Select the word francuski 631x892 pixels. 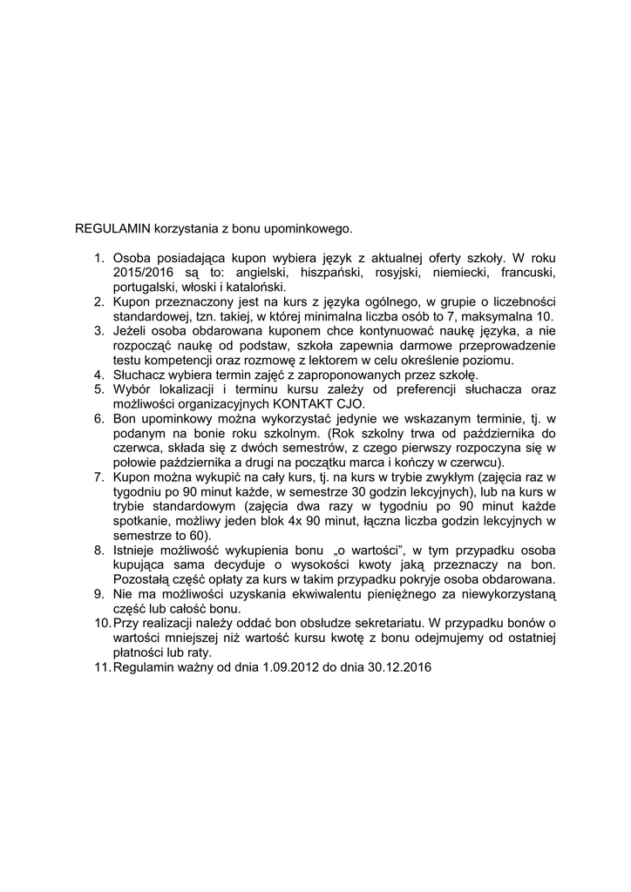click(x=526, y=273)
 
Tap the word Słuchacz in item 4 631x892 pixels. click(x=140, y=375)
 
